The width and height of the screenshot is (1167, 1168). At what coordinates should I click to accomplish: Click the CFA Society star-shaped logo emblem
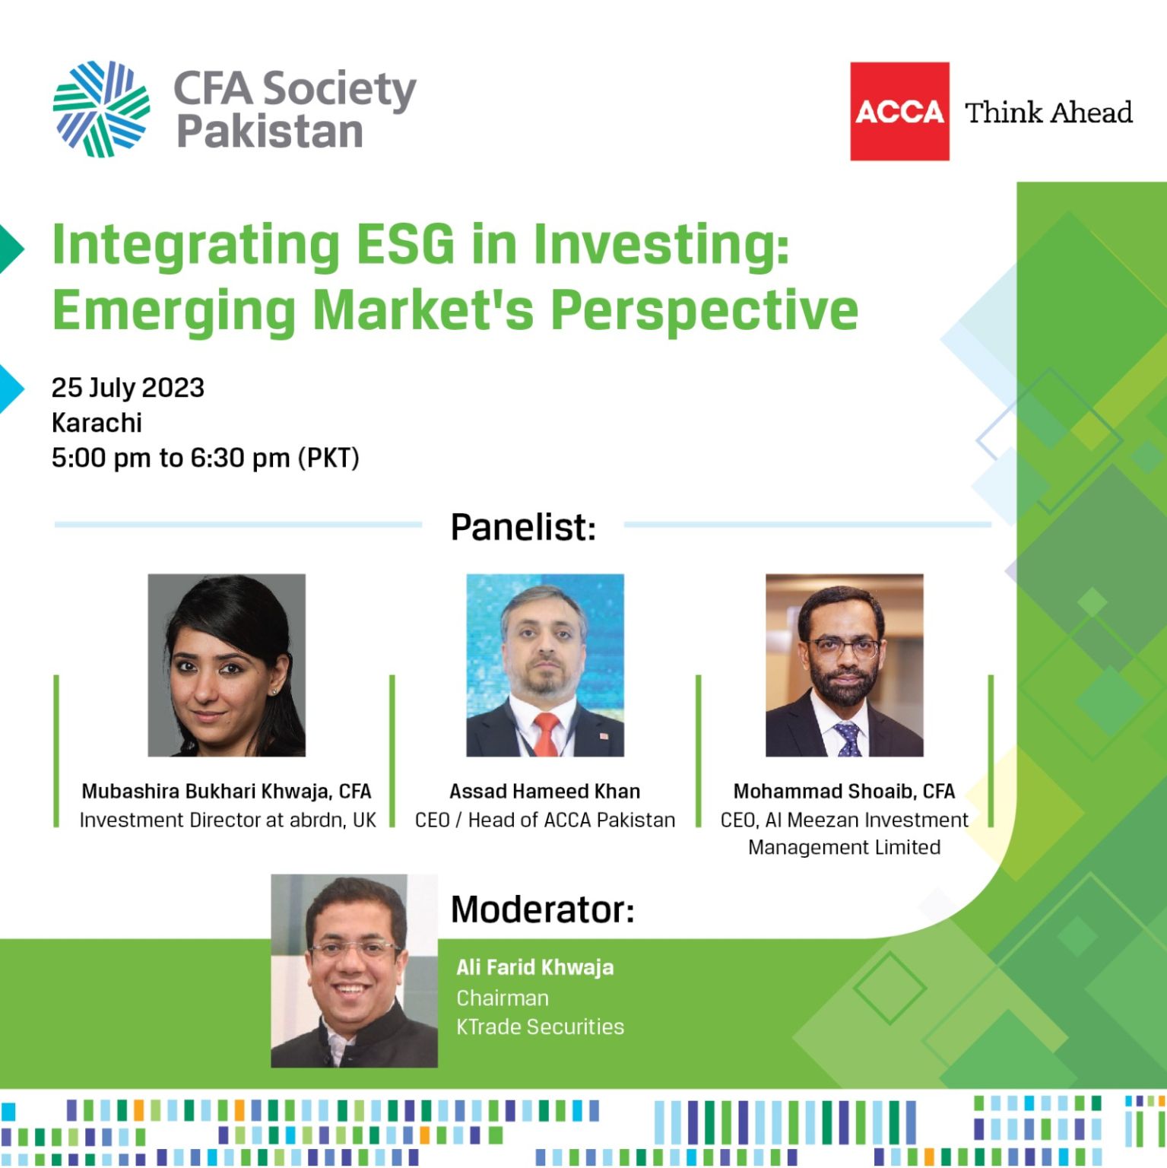(101, 109)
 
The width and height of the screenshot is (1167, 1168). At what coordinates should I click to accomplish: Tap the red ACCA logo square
(899, 111)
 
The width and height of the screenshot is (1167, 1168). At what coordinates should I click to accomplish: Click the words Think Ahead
(1048, 113)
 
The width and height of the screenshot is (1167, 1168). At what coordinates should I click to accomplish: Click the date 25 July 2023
(128, 388)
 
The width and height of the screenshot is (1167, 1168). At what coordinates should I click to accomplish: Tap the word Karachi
(97, 423)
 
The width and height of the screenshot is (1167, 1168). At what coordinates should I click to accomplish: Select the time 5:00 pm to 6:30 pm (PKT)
(205, 458)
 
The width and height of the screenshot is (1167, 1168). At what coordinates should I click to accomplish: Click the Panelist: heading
(523, 527)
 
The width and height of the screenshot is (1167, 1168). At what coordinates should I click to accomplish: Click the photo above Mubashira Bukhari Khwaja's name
(227, 665)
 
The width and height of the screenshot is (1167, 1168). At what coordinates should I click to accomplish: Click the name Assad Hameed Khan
(544, 792)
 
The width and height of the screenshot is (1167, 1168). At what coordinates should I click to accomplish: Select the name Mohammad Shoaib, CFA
(844, 792)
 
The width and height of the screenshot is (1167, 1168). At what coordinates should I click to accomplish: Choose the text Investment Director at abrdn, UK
(227, 820)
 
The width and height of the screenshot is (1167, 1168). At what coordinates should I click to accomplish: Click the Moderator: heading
(542, 909)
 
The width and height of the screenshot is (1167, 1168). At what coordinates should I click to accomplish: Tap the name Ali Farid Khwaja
(535, 967)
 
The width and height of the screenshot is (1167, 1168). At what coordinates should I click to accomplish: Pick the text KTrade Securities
(540, 1027)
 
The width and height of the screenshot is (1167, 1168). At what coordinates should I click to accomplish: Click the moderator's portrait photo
(354, 971)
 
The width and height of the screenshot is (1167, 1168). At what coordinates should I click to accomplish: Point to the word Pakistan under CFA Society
(270, 132)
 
